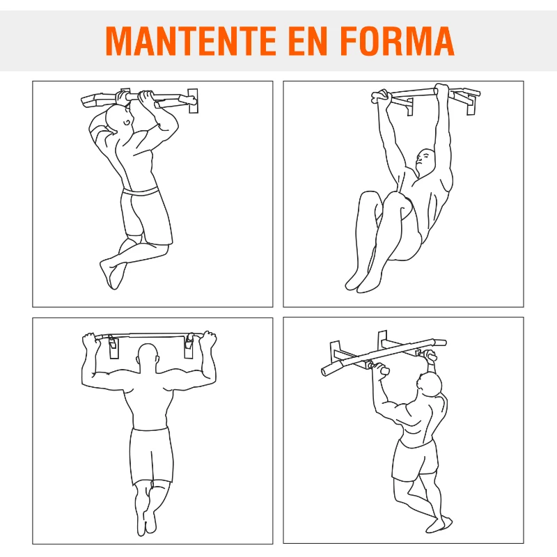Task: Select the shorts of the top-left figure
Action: coord(146,216)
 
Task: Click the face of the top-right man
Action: coord(424,162)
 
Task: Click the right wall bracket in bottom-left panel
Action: coord(188,345)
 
